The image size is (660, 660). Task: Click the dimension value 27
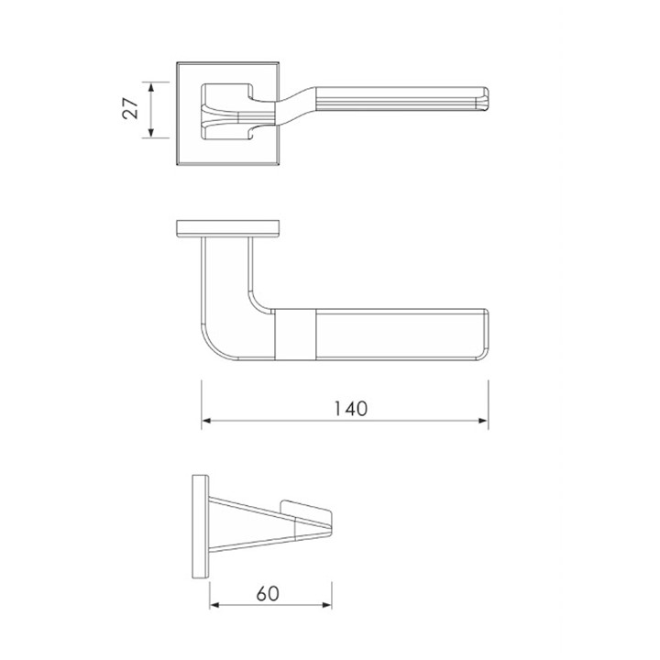pos(130,108)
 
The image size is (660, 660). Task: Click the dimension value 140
pos(350,409)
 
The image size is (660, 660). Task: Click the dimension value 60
pos(268,593)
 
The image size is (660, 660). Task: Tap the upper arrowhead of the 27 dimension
pos(151,87)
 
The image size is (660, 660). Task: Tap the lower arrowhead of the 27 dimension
pos(151,132)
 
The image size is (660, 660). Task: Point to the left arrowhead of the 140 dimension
pos(206,421)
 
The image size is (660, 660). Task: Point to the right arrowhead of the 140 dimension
pos(483,421)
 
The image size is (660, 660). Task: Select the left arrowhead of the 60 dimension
pos(214,605)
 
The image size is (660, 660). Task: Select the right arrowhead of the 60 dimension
pos(326,605)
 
